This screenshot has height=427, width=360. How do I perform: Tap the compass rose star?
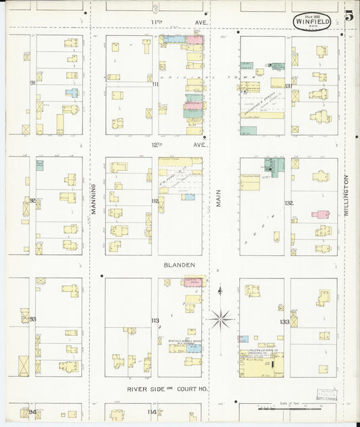pos(221,318)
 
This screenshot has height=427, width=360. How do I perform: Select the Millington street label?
pos(346,195)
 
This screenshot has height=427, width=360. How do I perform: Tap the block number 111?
pos(155,84)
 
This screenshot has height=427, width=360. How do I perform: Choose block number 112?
pos(155,201)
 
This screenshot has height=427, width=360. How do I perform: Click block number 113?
pos(155,320)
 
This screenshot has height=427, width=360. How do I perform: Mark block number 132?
pos(289,203)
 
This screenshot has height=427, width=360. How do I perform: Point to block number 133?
pos(285,322)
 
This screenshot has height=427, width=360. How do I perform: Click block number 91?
pos(32,83)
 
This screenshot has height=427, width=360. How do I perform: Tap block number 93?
pos(32,318)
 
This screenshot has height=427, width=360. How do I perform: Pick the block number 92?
pos(32,200)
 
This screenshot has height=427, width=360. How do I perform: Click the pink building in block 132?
pos(320,214)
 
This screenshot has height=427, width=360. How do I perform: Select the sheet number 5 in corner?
pos(349,16)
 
